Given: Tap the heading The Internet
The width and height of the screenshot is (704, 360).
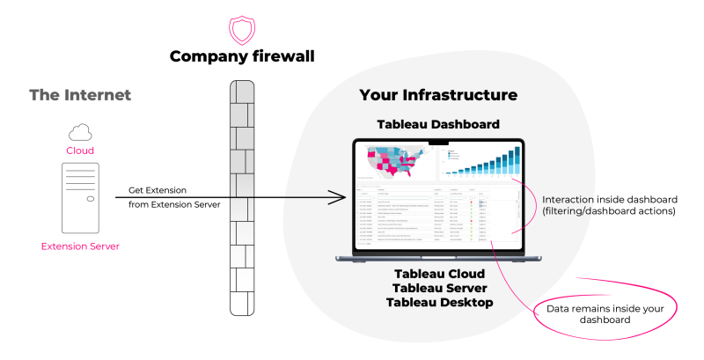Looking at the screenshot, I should [80, 95].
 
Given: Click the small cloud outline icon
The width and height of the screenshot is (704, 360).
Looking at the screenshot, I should [80, 132].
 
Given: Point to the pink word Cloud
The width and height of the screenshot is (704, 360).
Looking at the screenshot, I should [80, 151].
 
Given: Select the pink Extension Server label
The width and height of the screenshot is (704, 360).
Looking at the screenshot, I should [80, 246].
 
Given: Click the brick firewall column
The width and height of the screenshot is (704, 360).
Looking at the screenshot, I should [239, 198].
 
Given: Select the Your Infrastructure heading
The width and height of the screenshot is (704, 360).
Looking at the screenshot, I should [438, 95].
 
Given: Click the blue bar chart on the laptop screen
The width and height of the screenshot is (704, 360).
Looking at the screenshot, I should [485, 163].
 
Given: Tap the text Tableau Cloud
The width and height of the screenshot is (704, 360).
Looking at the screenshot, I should [439, 274].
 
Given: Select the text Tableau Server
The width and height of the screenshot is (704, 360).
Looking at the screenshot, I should [439, 288].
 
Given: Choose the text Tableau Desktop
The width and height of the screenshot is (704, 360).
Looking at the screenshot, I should [439, 303].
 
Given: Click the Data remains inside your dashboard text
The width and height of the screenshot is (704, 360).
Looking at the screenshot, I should [606, 314].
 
